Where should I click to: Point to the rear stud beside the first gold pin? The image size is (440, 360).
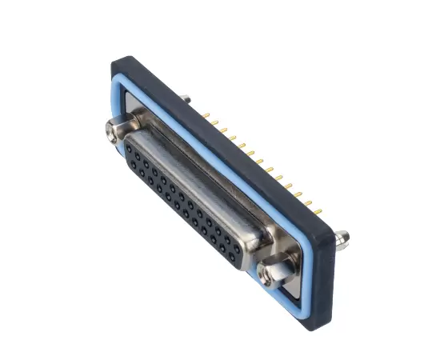click(186, 99)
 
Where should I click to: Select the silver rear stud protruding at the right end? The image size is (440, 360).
click(342, 237)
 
